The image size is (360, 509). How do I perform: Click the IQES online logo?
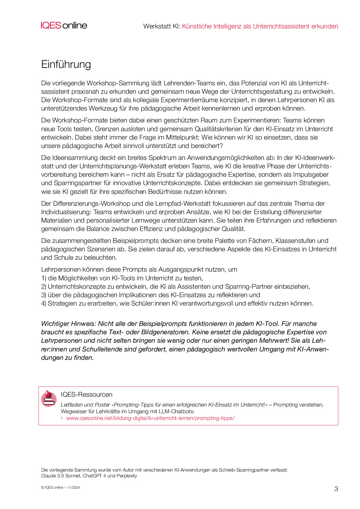64,26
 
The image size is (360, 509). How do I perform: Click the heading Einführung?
66,64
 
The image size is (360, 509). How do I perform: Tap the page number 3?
336,489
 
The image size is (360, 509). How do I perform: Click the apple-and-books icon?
49,398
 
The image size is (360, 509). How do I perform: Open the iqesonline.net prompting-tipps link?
150,418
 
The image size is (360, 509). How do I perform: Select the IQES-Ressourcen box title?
87,395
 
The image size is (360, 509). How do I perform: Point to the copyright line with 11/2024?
61,488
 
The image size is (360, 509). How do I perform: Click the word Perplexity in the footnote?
127,476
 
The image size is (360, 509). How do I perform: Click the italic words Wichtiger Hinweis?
68,324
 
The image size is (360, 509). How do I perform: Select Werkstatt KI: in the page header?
162,26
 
